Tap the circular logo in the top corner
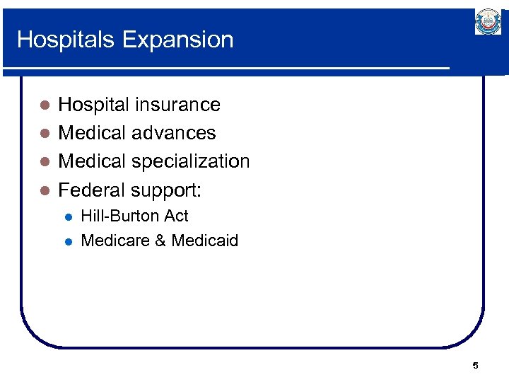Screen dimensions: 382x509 click(x=488, y=23)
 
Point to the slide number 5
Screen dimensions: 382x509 click(x=475, y=366)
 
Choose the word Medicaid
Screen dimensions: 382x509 click(x=205, y=241)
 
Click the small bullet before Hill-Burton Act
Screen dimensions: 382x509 click(x=68, y=216)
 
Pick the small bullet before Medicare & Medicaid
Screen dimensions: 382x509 click(x=68, y=241)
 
